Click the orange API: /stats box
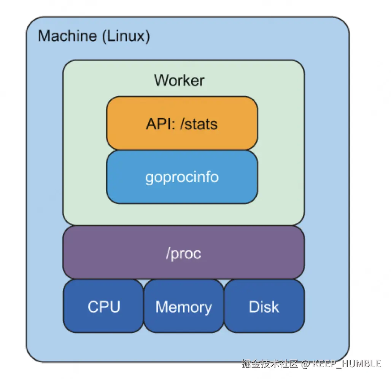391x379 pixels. pos(182,123)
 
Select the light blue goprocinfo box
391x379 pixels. pos(182,177)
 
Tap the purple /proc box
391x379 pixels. pos(184,252)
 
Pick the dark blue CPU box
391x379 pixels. pos(103,306)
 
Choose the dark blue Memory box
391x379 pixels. pos(184,306)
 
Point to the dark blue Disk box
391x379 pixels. pos(264,306)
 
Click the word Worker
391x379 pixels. pos(179,80)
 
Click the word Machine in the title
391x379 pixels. pos(67,36)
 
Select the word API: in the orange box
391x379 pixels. pos(161,124)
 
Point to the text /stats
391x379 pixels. pos(199,124)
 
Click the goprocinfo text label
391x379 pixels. pos(182,177)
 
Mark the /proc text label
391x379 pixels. pos(184,253)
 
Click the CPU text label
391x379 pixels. pos(104,307)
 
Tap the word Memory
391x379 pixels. pos(184,307)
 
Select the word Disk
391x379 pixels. pos(264,307)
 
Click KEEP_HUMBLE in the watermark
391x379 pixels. pos(346,364)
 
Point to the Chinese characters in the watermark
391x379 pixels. pos(270,364)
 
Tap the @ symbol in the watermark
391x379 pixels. pos(305,364)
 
